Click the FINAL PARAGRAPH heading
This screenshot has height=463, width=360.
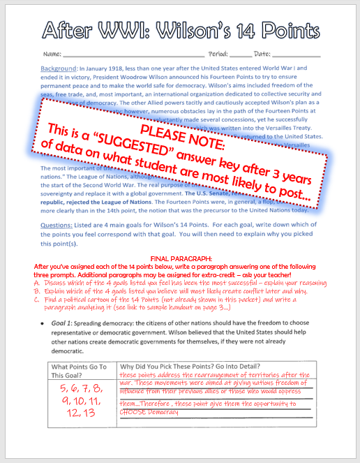click(x=179, y=240)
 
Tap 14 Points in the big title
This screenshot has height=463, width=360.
click(x=271, y=29)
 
